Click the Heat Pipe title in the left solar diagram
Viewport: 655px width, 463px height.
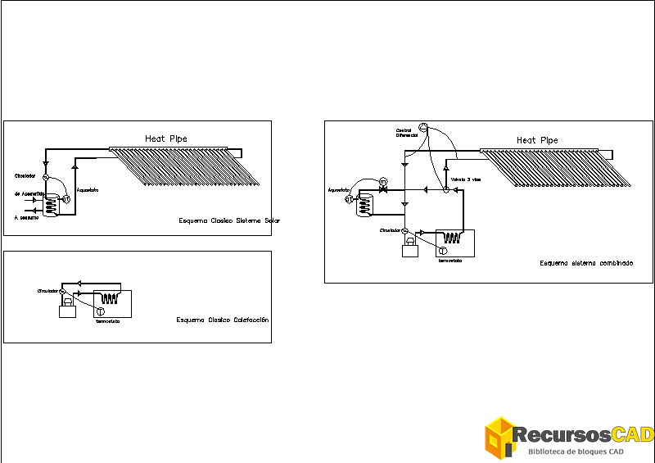coord(166,139)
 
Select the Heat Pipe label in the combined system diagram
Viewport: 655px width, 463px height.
coord(537,141)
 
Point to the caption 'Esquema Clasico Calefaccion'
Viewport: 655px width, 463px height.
coord(222,320)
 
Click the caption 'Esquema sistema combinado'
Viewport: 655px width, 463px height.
coord(585,264)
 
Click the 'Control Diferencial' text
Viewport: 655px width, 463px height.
coord(407,133)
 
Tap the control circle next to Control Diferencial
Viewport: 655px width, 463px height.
coord(423,126)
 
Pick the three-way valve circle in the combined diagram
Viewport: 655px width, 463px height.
coord(446,190)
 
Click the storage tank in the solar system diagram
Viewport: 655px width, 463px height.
coord(51,206)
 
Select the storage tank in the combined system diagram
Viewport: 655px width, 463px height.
coord(364,207)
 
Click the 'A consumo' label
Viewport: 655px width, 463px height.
coord(26,218)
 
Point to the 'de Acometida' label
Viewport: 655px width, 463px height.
coord(29,193)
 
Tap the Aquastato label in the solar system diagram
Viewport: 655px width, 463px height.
coord(87,191)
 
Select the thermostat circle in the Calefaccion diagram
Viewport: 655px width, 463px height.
coord(100,311)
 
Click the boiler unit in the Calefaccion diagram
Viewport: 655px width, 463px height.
coord(65,310)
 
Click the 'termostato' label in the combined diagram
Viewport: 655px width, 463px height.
coord(450,260)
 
